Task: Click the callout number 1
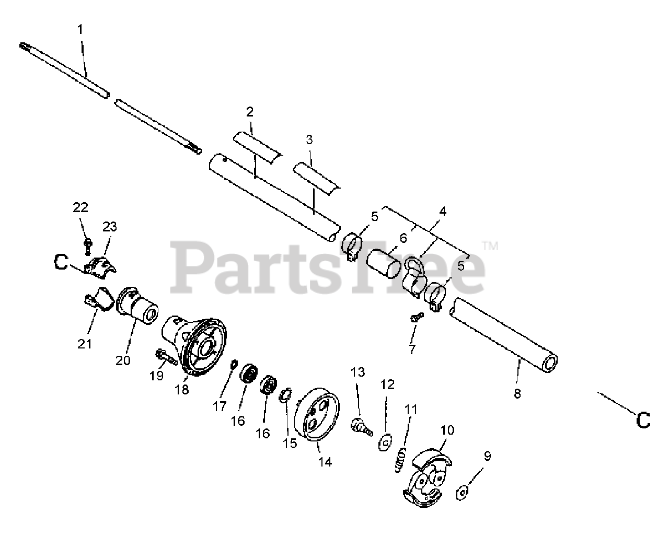point(80,30)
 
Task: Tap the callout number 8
point(517,394)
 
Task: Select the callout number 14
point(325,462)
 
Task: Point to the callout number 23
point(110,227)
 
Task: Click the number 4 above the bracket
point(443,212)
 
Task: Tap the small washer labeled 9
point(462,491)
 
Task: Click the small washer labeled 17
point(234,363)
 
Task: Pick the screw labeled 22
point(88,244)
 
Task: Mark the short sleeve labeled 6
point(384,263)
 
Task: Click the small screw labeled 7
point(417,316)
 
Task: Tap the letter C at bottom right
point(643,419)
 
